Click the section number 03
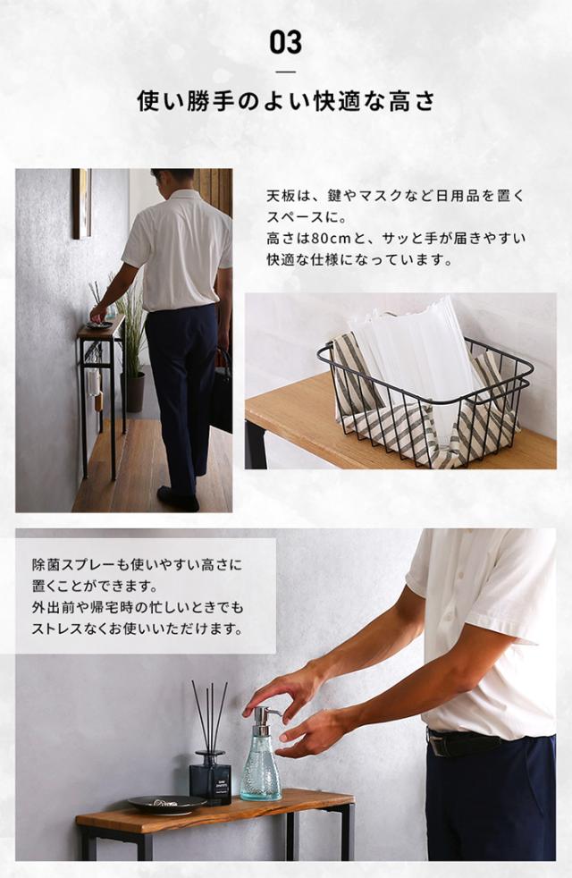[x=285, y=43]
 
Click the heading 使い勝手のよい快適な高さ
[x=286, y=101]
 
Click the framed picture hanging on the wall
[x=81, y=203]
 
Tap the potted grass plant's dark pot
[x=132, y=392]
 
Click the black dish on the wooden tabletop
[x=167, y=805]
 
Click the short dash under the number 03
[x=286, y=72]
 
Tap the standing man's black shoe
[x=178, y=498]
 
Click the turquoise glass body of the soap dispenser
[x=261, y=768]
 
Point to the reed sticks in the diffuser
[x=210, y=717]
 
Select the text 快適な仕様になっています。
[x=359, y=260]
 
